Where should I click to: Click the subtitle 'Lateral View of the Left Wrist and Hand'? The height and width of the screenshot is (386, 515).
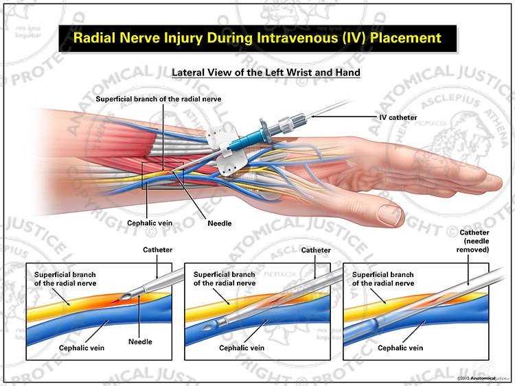266,72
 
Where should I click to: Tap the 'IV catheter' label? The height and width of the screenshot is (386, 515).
398,117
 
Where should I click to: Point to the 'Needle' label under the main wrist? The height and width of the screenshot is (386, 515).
220,223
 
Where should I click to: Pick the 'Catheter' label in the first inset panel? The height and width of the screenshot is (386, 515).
158,250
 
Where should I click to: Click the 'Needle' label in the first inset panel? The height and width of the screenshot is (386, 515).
139,341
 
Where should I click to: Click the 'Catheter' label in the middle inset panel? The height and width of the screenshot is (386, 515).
316,250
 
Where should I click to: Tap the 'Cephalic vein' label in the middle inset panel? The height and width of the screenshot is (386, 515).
241,348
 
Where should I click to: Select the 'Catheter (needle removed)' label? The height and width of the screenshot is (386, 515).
474,242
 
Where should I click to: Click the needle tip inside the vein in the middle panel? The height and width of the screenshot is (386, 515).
209,329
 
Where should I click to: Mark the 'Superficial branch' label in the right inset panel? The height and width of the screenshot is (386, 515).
383,278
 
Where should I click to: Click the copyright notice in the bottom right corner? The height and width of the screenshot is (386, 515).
481,378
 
